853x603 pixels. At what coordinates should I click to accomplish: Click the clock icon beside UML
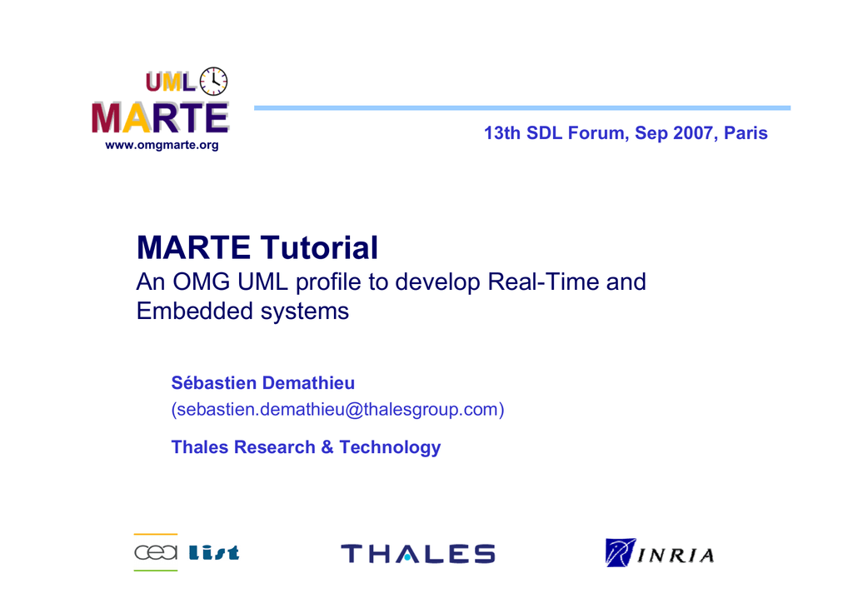(214, 82)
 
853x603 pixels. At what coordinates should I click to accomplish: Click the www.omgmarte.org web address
(162, 145)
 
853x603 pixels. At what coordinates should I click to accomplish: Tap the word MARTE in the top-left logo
(161, 118)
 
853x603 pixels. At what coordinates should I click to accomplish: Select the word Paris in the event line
(746, 132)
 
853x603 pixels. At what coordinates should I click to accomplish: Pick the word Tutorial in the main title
(319, 247)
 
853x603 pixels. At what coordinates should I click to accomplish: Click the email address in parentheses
(338, 409)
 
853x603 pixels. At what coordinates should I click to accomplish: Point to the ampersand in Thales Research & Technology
(327, 447)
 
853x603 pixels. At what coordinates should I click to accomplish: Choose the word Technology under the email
(390, 447)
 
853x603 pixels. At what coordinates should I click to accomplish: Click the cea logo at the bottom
(156, 552)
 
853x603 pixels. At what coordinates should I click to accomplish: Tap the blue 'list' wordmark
(214, 552)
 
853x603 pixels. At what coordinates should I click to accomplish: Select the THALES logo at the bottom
(418, 554)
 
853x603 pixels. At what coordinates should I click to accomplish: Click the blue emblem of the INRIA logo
(620, 552)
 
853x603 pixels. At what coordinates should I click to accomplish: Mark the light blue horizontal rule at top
(522, 107)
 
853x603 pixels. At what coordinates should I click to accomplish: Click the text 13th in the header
(502, 132)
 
